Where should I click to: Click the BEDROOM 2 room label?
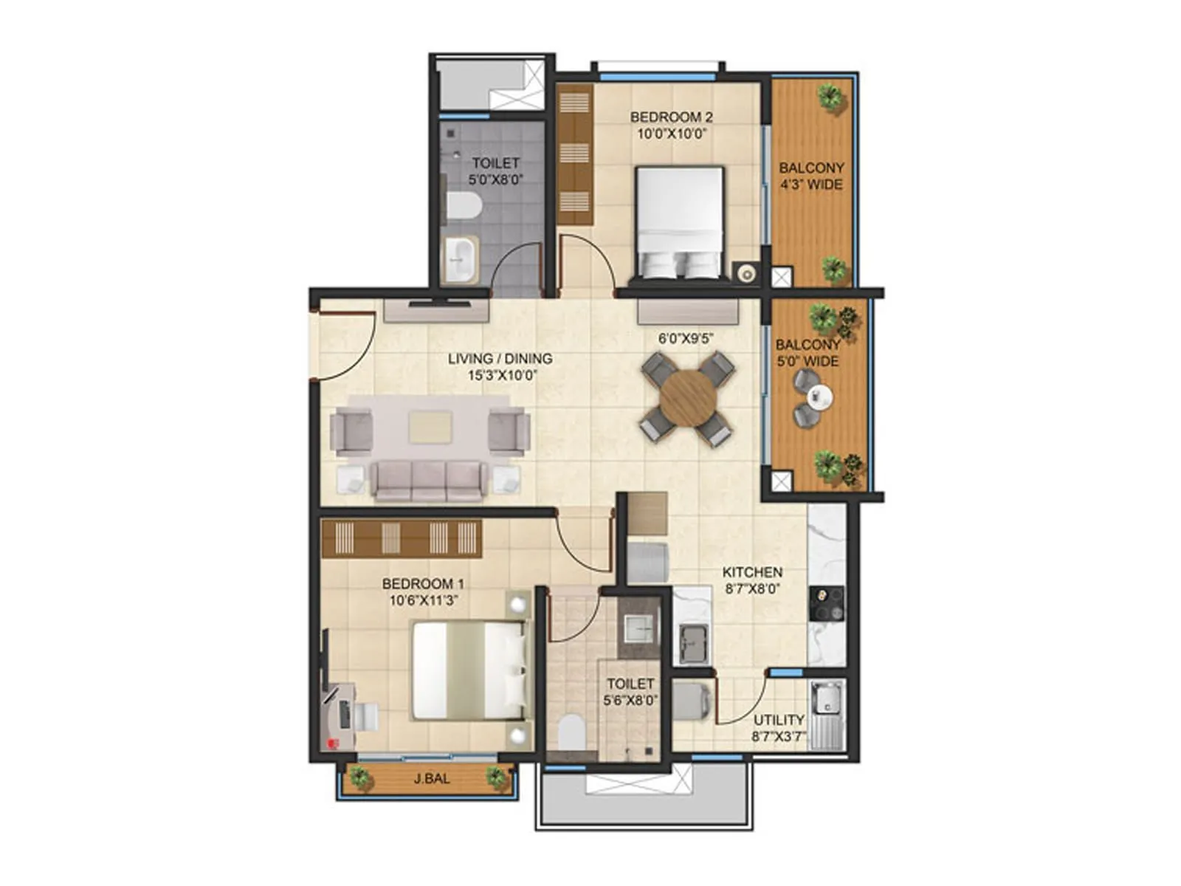click(x=671, y=117)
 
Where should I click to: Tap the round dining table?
click(x=688, y=399)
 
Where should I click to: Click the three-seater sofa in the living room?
click(x=428, y=480)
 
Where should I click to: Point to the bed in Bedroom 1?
click(x=469, y=670)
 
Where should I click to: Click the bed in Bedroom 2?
click(x=679, y=221)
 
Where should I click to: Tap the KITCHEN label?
click(x=752, y=572)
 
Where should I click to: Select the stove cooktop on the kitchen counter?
click(x=827, y=603)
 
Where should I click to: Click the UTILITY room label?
click(x=779, y=720)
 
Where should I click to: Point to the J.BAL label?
click(x=432, y=778)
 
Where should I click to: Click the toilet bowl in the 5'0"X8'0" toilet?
click(x=464, y=205)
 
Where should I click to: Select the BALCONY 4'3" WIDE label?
click(x=811, y=176)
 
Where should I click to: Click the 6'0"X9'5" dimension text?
click(x=686, y=339)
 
